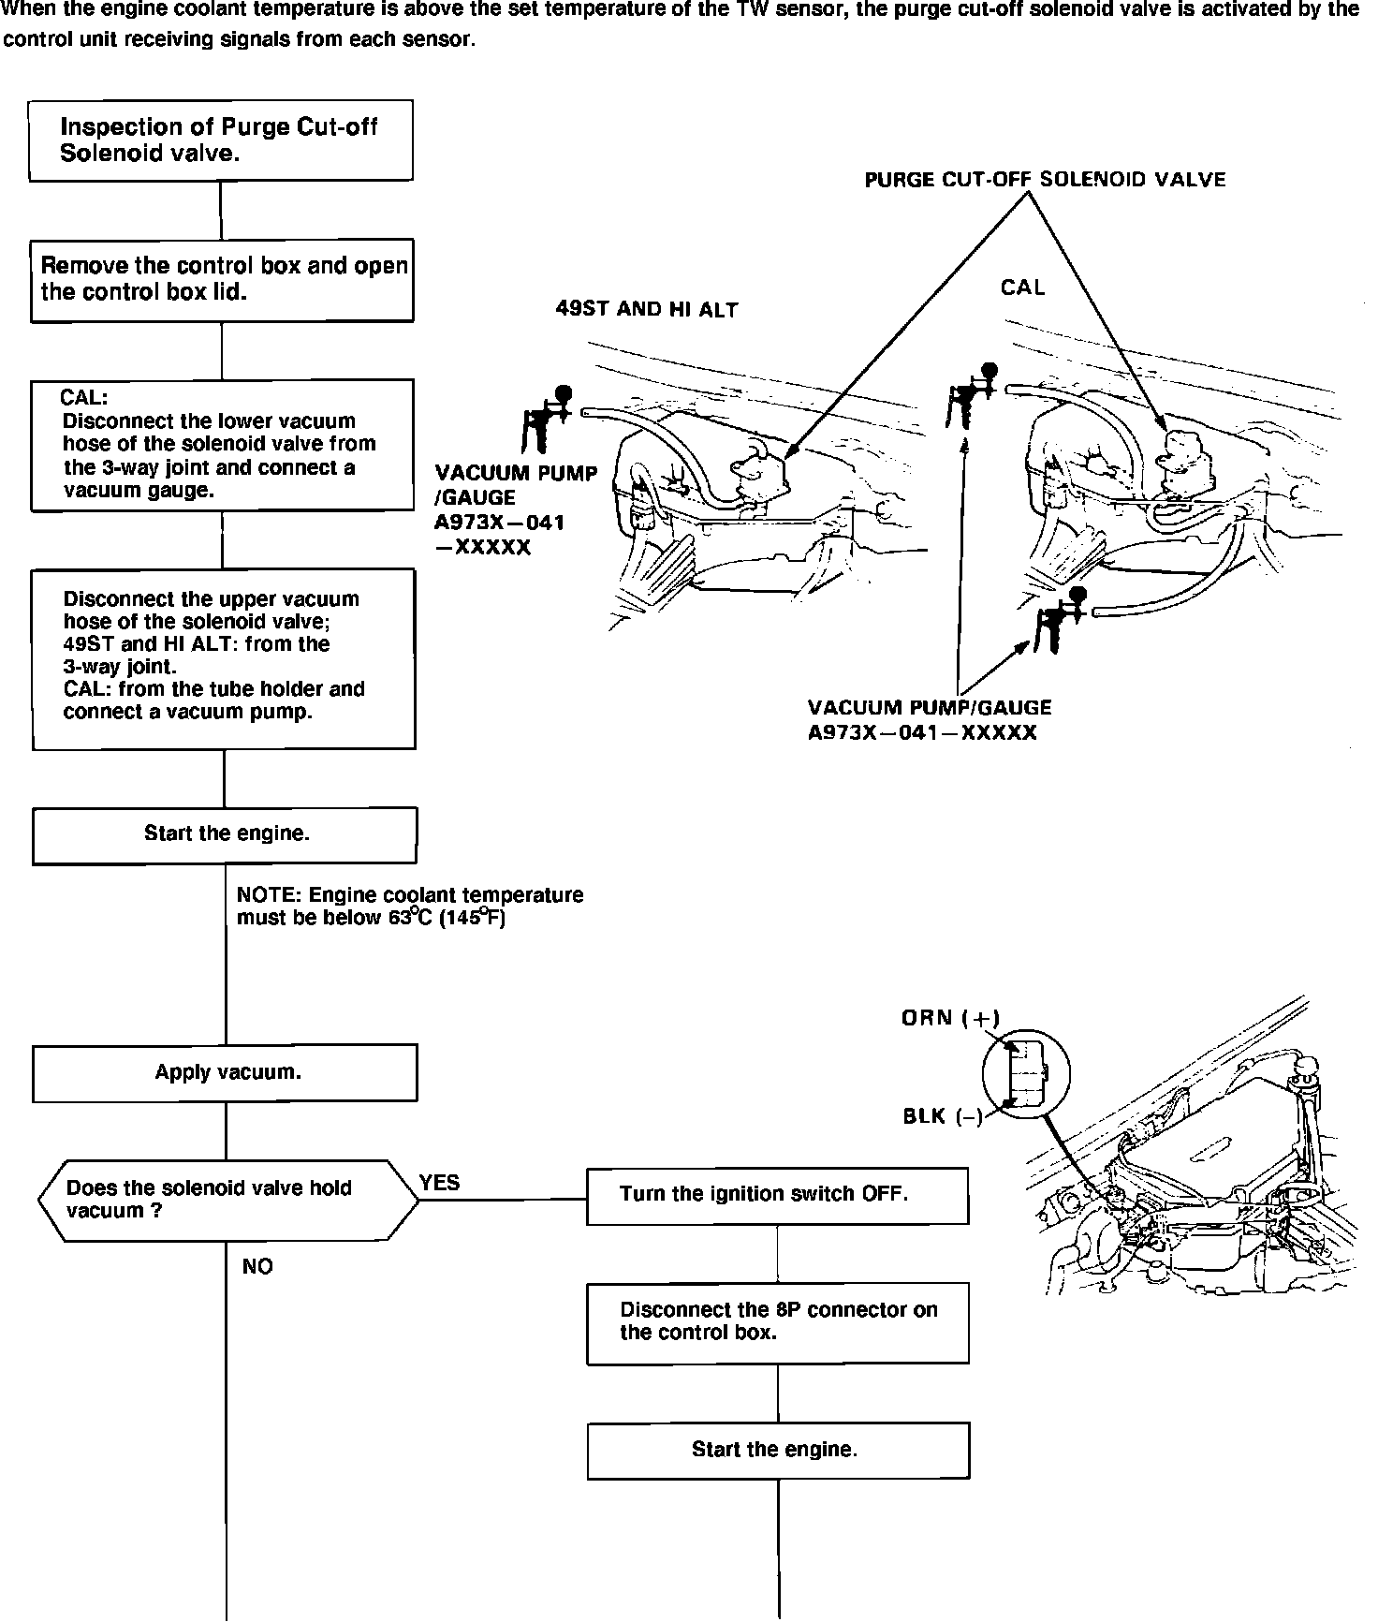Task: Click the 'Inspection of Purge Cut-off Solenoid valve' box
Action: pyautogui.click(x=220, y=140)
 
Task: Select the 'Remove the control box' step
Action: pyautogui.click(x=222, y=280)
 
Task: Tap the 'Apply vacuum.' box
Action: pyautogui.click(x=225, y=1072)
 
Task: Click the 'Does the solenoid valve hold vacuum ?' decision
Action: pyautogui.click(x=227, y=1201)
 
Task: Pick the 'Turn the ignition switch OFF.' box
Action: pyautogui.click(x=777, y=1195)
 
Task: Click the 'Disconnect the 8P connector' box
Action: pyautogui.click(x=777, y=1322)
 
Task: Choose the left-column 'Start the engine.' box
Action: pyautogui.click(x=225, y=834)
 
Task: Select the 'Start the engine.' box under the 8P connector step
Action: pyautogui.click(x=777, y=1451)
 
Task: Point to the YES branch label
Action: pyautogui.click(x=440, y=1183)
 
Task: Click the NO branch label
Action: pyautogui.click(x=257, y=1267)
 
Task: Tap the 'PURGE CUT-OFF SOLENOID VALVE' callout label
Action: pyautogui.click(x=1045, y=180)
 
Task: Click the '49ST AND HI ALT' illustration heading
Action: pyautogui.click(x=647, y=310)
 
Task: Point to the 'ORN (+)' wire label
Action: pyautogui.click(x=950, y=1018)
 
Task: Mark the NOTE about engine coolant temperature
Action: pyautogui.click(x=409, y=907)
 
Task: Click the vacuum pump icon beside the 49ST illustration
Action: pyautogui.click(x=547, y=420)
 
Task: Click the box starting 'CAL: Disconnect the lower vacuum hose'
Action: pyautogui.click(x=222, y=445)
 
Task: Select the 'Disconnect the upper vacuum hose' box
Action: pyautogui.click(x=224, y=658)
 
